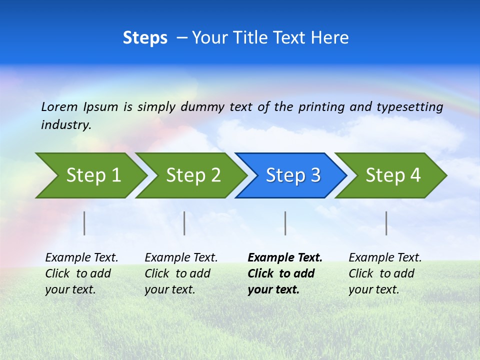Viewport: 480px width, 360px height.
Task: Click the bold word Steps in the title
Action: coord(145,38)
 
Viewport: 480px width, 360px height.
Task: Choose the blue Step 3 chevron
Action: coord(293,175)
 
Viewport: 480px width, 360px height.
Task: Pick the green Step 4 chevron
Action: coord(393,175)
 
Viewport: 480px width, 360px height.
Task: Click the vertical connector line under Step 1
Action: coord(84,223)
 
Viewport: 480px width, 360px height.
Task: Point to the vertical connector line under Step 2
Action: coord(184,223)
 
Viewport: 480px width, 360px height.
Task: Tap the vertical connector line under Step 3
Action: coord(285,223)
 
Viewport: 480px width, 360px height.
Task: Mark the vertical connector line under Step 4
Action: coord(386,223)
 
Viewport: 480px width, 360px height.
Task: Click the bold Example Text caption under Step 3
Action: coord(284,273)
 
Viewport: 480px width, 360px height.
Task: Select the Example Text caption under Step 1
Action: coord(81,273)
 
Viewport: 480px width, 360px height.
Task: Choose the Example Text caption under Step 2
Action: coord(181,273)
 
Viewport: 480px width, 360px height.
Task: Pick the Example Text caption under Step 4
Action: coord(385,273)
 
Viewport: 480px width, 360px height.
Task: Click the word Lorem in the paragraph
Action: coord(59,106)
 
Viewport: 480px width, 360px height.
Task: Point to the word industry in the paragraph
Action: coord(65,125)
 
